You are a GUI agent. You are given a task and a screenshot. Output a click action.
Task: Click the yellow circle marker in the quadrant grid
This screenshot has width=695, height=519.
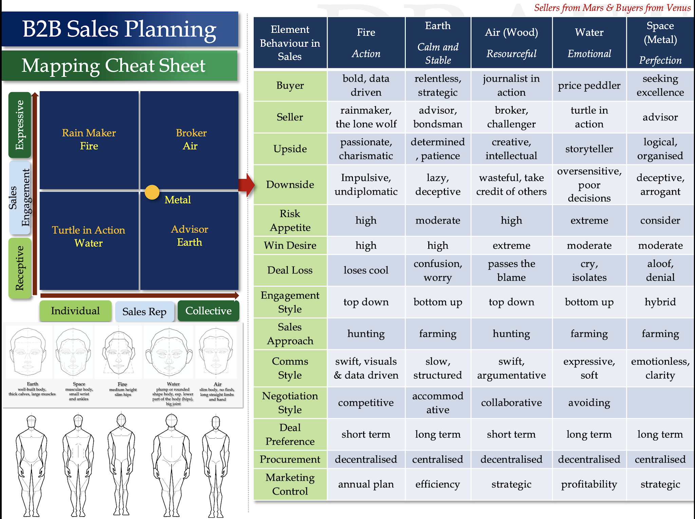click(152, 192)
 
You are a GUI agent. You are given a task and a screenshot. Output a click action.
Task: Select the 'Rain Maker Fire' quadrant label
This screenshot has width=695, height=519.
click(89, 139)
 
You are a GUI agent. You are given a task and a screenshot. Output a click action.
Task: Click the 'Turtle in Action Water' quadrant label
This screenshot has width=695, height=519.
click(89, 236)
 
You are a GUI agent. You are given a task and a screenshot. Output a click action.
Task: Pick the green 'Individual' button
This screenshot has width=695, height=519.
click(75, 311)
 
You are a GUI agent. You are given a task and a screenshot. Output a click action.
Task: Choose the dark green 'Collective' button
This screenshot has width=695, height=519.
click(208, 311)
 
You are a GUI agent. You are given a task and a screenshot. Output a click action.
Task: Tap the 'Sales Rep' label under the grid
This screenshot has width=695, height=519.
click(144, 311)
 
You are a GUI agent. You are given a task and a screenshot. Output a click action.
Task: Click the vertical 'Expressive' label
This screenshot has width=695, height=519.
click(20, 125)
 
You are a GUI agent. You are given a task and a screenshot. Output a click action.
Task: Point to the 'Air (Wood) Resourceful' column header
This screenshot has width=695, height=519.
click(511, 43)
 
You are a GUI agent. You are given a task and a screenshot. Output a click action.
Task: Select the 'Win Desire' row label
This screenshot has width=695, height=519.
click(290, 245)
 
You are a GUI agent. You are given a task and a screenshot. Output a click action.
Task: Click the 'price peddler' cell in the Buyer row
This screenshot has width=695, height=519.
click(589, 85)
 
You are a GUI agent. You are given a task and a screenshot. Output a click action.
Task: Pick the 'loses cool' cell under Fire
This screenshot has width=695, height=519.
click(366, 270)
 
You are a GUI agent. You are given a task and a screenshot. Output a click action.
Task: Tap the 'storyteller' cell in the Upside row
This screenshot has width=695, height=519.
click(589, 149)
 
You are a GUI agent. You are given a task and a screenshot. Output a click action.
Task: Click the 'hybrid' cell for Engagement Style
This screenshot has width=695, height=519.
click(660, 302)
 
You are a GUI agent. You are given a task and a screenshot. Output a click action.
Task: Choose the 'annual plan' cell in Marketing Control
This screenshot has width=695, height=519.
click(366, 484)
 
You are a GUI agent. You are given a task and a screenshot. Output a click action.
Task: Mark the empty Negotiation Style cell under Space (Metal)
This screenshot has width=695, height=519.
click(660, 403)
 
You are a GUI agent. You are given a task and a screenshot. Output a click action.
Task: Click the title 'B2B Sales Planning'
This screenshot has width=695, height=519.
click(119, 29)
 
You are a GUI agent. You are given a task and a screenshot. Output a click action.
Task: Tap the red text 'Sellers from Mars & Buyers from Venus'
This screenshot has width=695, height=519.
click(612, 7)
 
